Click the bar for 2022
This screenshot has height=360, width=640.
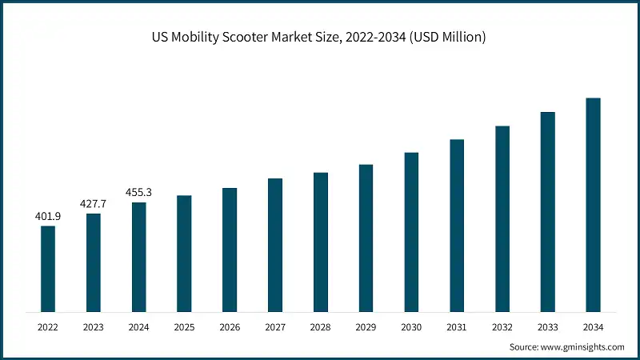click(48, 269)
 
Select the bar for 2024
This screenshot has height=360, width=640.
click(139, 257)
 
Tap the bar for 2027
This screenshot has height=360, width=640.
click(275, 245)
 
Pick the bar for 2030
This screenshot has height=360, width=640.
click(411, 232)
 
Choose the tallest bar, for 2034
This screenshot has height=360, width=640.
click(593, 205)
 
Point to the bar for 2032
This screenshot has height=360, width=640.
click(502, 218)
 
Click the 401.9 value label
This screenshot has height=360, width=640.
click(48, 216)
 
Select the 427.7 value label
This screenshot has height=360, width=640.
click(94, 204)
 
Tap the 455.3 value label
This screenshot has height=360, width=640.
click(139, 193)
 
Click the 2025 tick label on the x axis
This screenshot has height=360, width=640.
click(184, 327)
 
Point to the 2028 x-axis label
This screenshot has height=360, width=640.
click(321, 327)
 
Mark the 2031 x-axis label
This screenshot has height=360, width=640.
click(457, 327)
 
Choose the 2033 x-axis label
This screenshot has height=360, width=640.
click(547, 327)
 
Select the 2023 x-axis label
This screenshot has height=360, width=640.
click(94, 327)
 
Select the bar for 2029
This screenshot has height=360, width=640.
click(366, 238)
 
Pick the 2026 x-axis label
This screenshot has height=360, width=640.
click(230, 327)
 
